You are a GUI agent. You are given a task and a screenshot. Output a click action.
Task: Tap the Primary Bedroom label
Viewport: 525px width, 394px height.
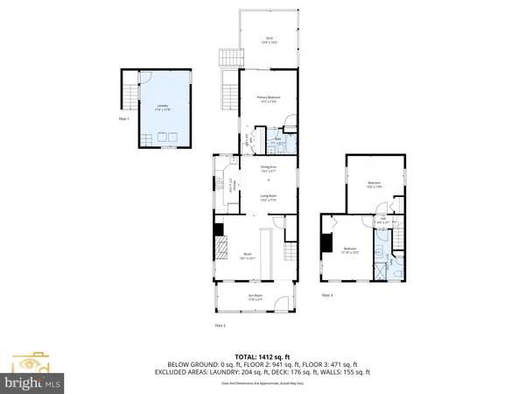pos(269,99)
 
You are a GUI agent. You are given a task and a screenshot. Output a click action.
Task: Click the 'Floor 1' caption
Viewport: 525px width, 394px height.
pos(123,118)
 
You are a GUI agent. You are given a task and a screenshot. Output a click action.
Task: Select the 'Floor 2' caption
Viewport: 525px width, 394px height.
pos(220,325)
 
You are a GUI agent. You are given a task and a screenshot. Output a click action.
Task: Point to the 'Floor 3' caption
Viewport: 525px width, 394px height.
pos(327,295)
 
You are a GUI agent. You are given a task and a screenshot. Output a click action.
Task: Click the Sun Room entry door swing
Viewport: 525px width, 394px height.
pos(281,304)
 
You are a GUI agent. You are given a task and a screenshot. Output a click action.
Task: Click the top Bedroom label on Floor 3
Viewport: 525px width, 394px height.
pos(374,184)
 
